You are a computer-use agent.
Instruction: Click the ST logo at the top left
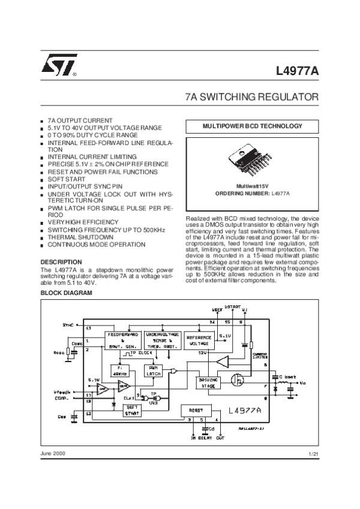coord(56,70)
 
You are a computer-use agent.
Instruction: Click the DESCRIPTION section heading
coord(61,262)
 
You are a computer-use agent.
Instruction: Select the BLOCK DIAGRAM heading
coord(67,293)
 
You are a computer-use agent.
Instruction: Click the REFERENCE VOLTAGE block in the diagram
coord(199,341)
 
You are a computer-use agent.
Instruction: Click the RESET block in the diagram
coord(198,409)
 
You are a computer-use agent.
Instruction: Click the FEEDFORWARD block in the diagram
coord(123,339)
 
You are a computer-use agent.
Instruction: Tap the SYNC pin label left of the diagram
coord(68,324)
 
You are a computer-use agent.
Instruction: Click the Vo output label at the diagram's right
coord(303,382)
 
